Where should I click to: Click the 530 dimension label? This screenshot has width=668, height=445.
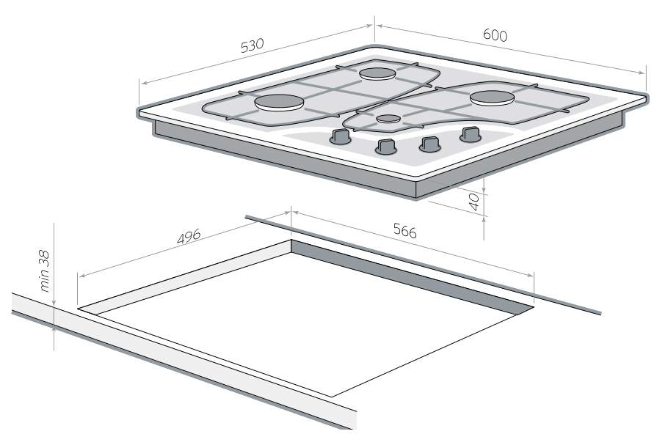click(x=253, y=45)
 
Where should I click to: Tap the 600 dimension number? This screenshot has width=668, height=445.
click(x=495, y=35)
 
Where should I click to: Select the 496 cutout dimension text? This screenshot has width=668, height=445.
click(x=189, y=237)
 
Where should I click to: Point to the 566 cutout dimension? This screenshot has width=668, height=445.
click(x=404, y=231)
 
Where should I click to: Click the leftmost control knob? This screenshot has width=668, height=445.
click(x=340, y=136)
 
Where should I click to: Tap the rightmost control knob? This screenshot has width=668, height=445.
click(x=470, y=134)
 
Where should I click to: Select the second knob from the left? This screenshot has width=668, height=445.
click(x=386, y=147)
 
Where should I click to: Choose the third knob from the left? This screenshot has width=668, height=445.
click(x=430, y=144)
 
